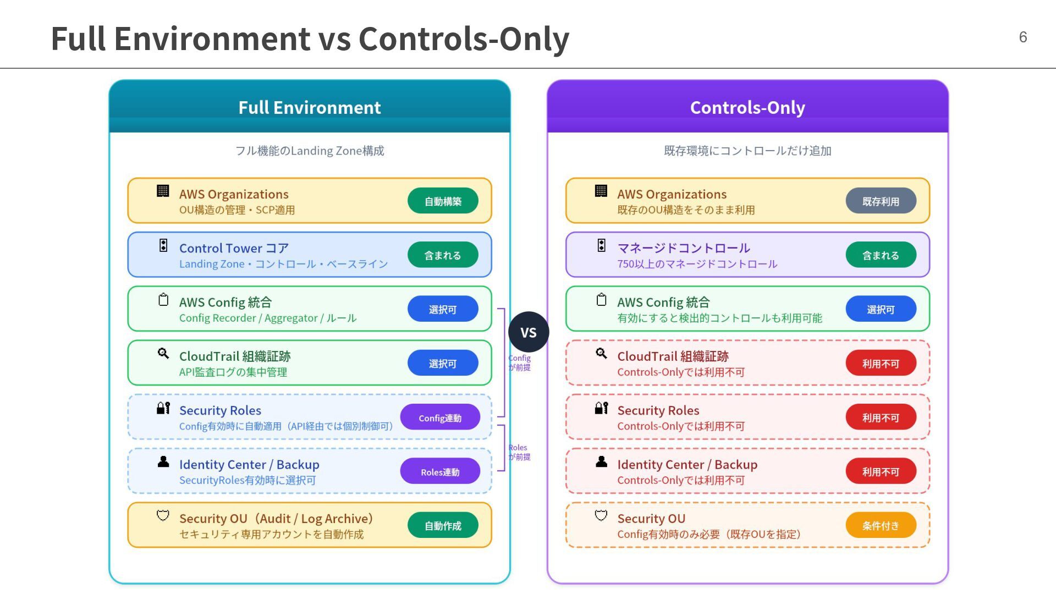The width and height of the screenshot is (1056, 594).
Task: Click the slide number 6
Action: click(x=1022, y=37)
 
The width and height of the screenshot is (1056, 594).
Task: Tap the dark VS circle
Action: click(x=529, y=332)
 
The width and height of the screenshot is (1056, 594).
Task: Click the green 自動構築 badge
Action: click(x=443, y=201)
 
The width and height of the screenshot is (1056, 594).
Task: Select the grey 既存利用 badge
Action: click(x=881, y=201)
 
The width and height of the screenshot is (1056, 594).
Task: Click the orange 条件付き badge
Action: click(x=881, y=525)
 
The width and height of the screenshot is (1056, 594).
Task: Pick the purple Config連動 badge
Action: click(x=440, y=417)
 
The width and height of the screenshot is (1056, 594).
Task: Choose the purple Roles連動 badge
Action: click(x=440, y=471)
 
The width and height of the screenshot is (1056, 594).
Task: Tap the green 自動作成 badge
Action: click(x=443, y=525)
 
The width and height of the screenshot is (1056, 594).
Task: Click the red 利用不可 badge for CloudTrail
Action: click(x=881, y=363)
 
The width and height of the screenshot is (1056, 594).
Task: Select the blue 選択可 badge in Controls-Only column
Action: click(x=881, y=309)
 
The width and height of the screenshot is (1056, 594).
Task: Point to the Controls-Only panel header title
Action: click(x=747, y=107)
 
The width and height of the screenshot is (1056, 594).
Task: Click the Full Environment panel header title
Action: click(x=309, y=107)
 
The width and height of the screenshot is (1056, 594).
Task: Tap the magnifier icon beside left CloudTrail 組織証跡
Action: click(x=163, y=354)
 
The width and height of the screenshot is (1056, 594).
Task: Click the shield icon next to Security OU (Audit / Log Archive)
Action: click(x=163, y=515)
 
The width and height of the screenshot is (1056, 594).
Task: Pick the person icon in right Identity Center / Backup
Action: click(x=601, y=462)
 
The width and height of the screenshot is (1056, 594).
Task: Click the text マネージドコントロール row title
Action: click(x=684, y=248)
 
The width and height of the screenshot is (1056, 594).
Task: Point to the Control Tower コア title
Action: click(x=234, y=248)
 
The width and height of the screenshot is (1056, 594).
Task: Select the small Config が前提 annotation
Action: click(x=519, y=362)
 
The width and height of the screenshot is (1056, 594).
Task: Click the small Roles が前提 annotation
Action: click(x=519, y=452)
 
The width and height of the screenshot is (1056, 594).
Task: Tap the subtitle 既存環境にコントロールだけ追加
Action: click(x=747, y=151)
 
